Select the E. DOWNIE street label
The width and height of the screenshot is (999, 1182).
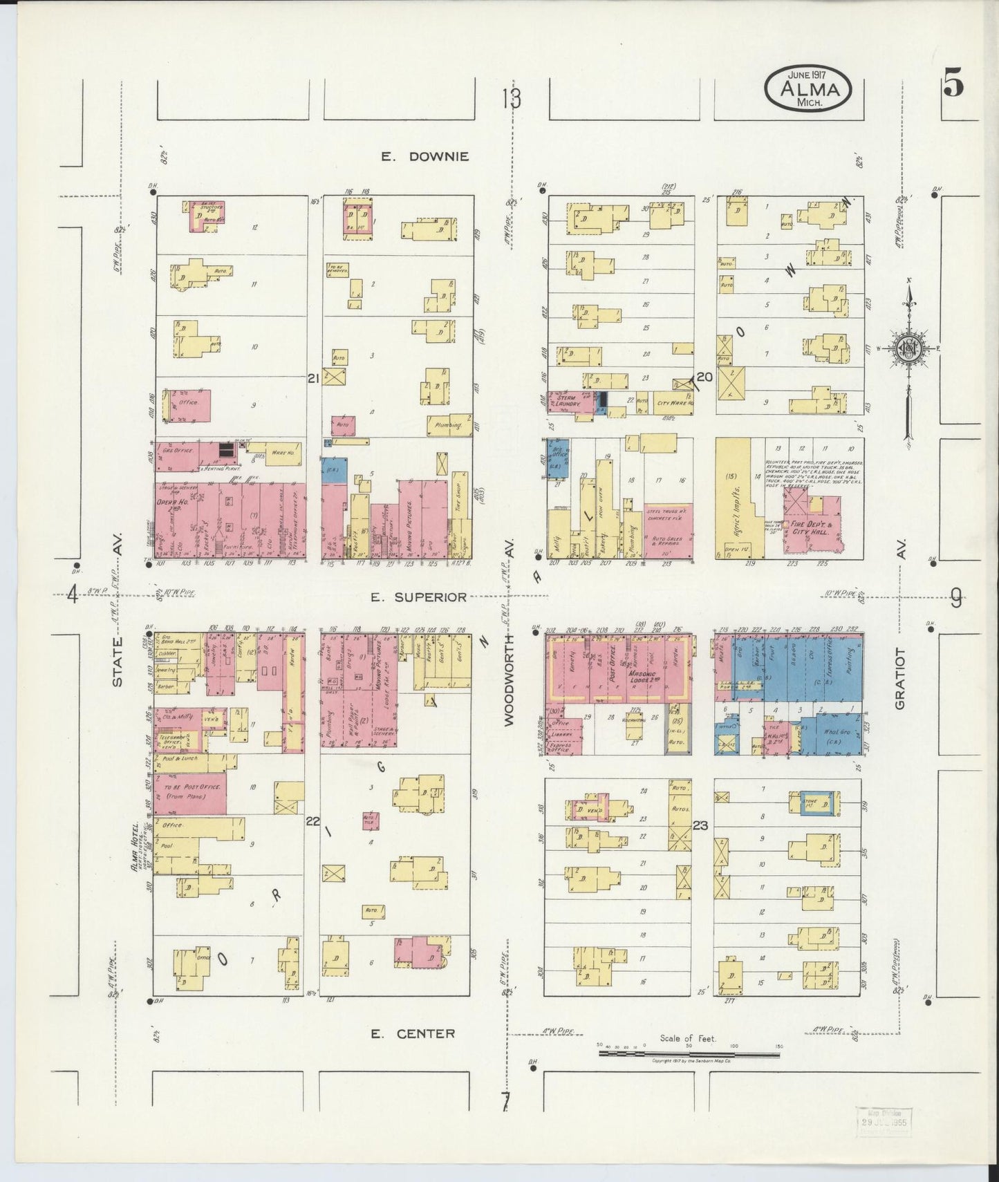tap(424, 157)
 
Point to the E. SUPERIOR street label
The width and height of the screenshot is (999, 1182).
tap(418, 597)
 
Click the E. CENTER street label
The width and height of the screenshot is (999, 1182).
tap(413, 1033)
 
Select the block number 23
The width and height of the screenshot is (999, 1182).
tap(700, 825)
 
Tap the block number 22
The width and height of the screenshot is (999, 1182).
tap(313, 820)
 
